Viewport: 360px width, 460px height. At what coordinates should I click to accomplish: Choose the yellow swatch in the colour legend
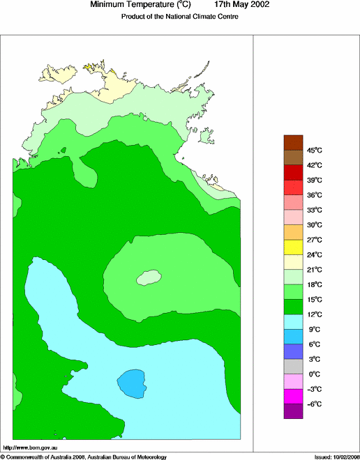293,247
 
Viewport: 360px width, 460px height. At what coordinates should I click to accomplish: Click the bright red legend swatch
293,187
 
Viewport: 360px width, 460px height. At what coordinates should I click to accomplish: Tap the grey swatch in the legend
293,367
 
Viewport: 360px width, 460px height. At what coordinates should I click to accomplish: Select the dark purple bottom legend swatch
293,411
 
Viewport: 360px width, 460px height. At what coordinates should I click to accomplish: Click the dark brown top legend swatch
293,142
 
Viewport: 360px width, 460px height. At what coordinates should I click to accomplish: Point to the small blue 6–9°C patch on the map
132,382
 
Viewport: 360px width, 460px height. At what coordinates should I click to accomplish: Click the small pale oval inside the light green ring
149,277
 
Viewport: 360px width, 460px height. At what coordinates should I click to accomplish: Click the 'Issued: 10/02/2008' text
336,457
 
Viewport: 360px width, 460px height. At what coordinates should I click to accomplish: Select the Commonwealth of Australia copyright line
84,457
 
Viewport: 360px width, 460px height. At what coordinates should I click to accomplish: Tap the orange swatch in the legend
293,232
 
